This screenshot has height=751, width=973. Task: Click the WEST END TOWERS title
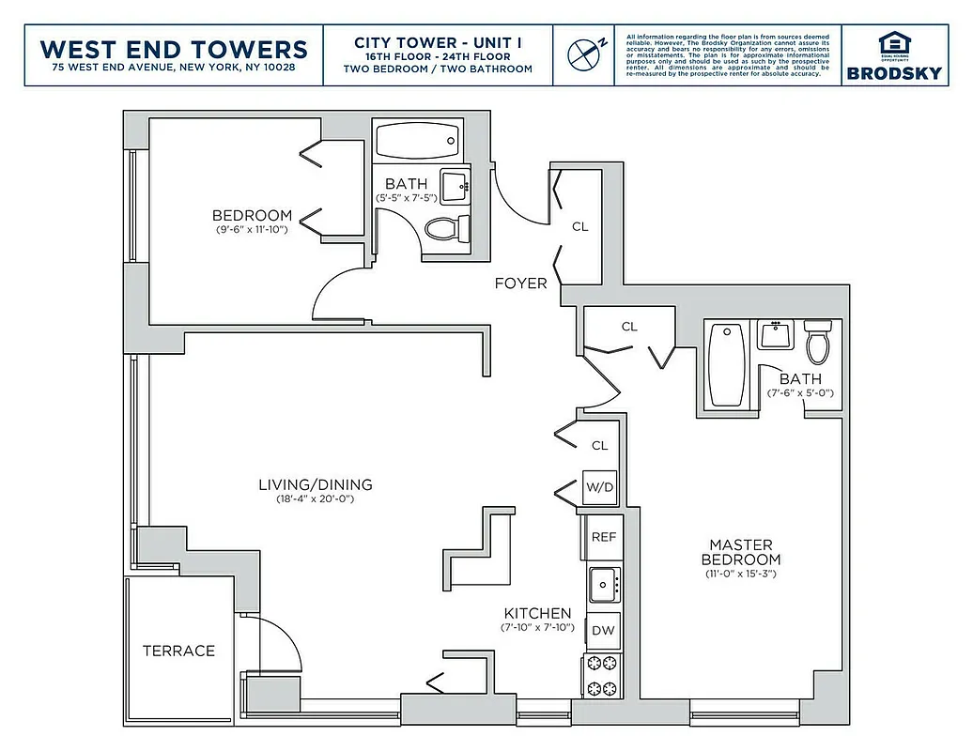pos(175,48)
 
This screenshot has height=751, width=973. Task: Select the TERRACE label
pos(178,651)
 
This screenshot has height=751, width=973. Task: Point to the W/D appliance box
pos(600,487)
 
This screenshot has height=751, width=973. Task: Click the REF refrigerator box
pos(603,537)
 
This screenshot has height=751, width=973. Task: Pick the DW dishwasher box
pos(603,630)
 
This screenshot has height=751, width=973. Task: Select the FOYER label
pos(521,283)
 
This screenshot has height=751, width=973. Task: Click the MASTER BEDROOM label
pos(741,552)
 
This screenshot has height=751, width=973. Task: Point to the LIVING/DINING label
pos(316,485)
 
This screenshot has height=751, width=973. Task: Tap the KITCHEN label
pos(537,613)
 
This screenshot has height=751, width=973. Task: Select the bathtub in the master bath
pos(727,364)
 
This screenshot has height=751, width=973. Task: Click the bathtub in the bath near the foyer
pos(416,142)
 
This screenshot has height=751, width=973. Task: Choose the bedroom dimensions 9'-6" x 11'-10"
pos(251,229)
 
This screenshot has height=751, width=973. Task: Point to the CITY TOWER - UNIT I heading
pos(438,42)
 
